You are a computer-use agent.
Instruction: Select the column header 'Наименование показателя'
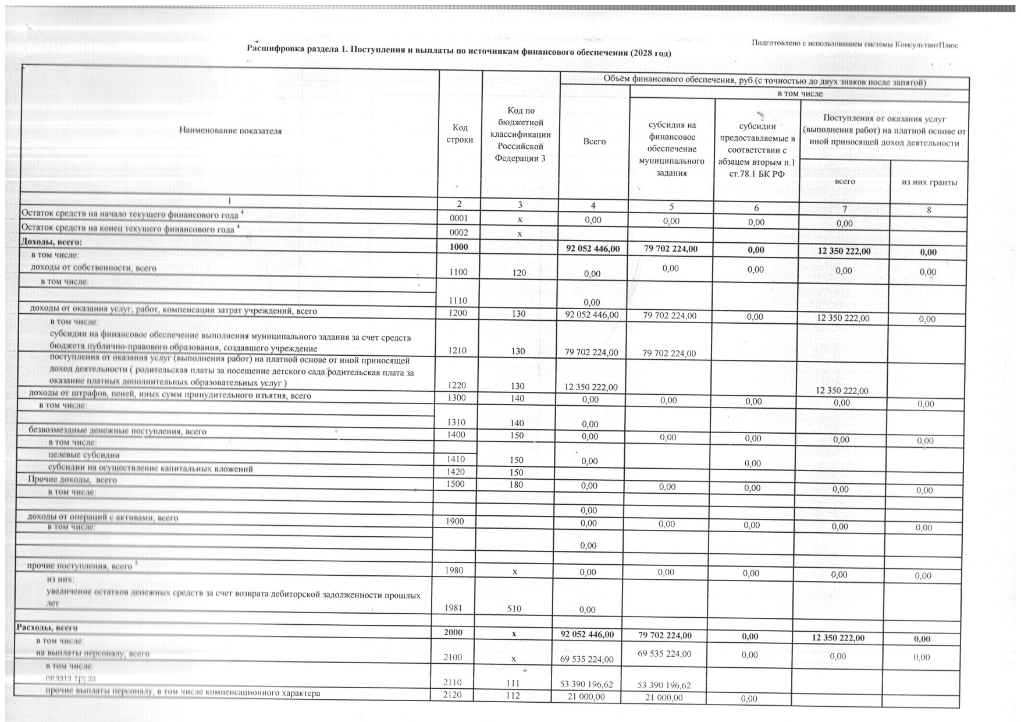tap(230, 131)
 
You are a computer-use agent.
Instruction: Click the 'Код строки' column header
tap(459, 133)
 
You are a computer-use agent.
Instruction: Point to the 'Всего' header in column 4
tap(594, 141)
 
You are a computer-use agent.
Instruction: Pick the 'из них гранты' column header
tap(928, 183)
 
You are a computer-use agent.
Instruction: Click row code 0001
tap(459, 218)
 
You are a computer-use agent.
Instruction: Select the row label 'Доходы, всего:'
tap(52, 242)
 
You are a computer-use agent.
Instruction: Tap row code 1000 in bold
tap(459, 247)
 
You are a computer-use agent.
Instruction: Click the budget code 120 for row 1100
tap(519, 272)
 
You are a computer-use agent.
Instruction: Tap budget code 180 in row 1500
tap(516, 484)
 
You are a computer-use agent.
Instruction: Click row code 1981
tap(453, 608)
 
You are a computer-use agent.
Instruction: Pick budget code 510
tap(514, 608)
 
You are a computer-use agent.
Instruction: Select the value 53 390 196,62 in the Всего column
tap(586, 684)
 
